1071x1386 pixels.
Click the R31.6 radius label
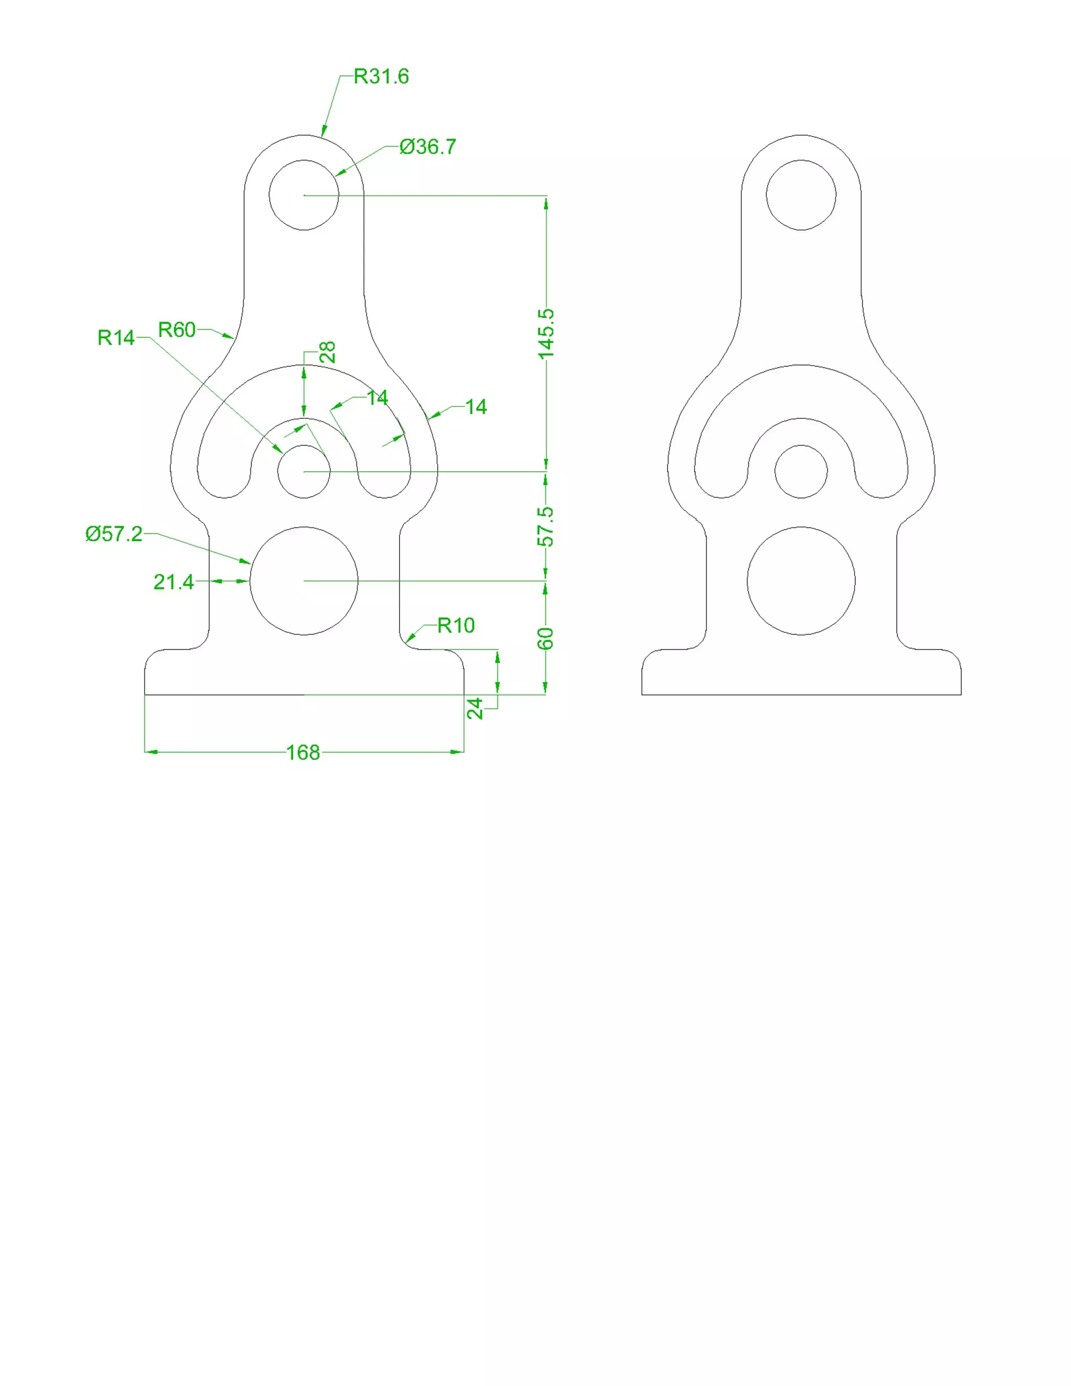point(381,77)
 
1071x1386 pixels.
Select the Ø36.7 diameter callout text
point(428,147)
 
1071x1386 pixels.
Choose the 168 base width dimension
point(303,753)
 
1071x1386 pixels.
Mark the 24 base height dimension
point(475,708)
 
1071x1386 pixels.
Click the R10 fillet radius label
point(455,626)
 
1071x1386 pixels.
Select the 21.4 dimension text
point(173,582)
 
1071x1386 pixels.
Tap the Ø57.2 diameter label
point(114,533)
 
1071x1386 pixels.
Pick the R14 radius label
point(116,338)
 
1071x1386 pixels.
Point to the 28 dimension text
point(328,352)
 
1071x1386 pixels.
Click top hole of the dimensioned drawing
point(304,195)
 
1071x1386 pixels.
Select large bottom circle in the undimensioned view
point(801,581)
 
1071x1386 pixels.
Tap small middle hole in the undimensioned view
point(801,472)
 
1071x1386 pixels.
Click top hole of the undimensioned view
point(801,195)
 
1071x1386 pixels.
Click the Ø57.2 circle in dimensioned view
point(304,581)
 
